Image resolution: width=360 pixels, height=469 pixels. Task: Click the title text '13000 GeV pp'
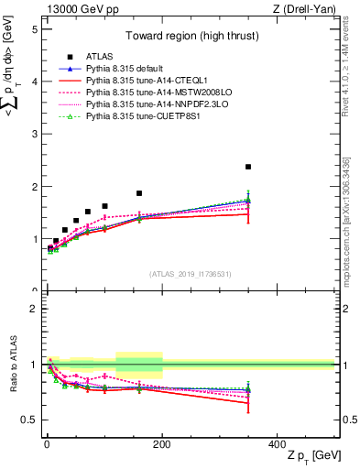point(76,9)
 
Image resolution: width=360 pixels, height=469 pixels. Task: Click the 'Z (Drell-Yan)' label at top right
point(307,9)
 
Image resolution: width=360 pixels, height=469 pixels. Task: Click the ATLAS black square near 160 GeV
point(139,193)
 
